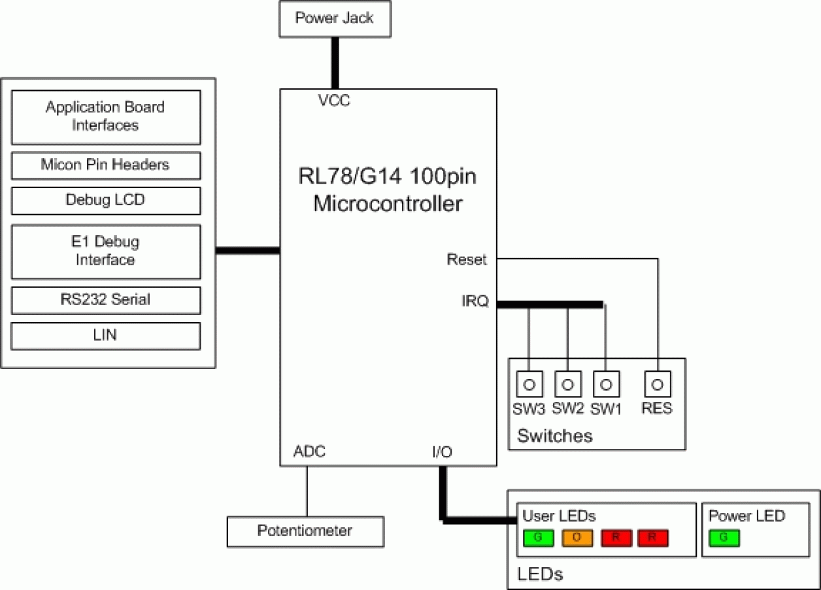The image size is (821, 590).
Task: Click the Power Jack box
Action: click(335, 18)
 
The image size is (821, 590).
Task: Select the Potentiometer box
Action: click(305, 531)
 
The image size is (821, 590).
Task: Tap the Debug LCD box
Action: click(105, 201)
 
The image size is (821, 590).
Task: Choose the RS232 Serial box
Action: click(105, 301)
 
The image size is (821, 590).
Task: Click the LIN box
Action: click(105, 336)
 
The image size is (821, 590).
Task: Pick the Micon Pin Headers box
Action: click(105, 165)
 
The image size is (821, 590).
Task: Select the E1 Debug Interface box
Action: click(105, 252)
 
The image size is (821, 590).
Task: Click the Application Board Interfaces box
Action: click(105, 117)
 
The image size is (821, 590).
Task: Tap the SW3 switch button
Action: click(529, 384)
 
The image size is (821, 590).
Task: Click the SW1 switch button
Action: click(606, 384)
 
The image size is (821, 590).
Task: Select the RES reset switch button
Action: click(658, 384)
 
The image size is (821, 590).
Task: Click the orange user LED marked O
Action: click(577, 538)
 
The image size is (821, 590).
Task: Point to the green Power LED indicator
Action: click(724, 538)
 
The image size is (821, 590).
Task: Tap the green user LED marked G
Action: click(539, 538)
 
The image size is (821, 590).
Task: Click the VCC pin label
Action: click(334, 101)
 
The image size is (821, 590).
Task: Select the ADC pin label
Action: click(309, 452)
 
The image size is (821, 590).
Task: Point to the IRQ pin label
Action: click(475, 303)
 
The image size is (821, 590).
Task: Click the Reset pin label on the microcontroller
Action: click(467, 260)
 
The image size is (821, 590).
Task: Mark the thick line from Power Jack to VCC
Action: click(335, 63)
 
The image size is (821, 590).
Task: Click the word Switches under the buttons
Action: click(554, 436)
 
